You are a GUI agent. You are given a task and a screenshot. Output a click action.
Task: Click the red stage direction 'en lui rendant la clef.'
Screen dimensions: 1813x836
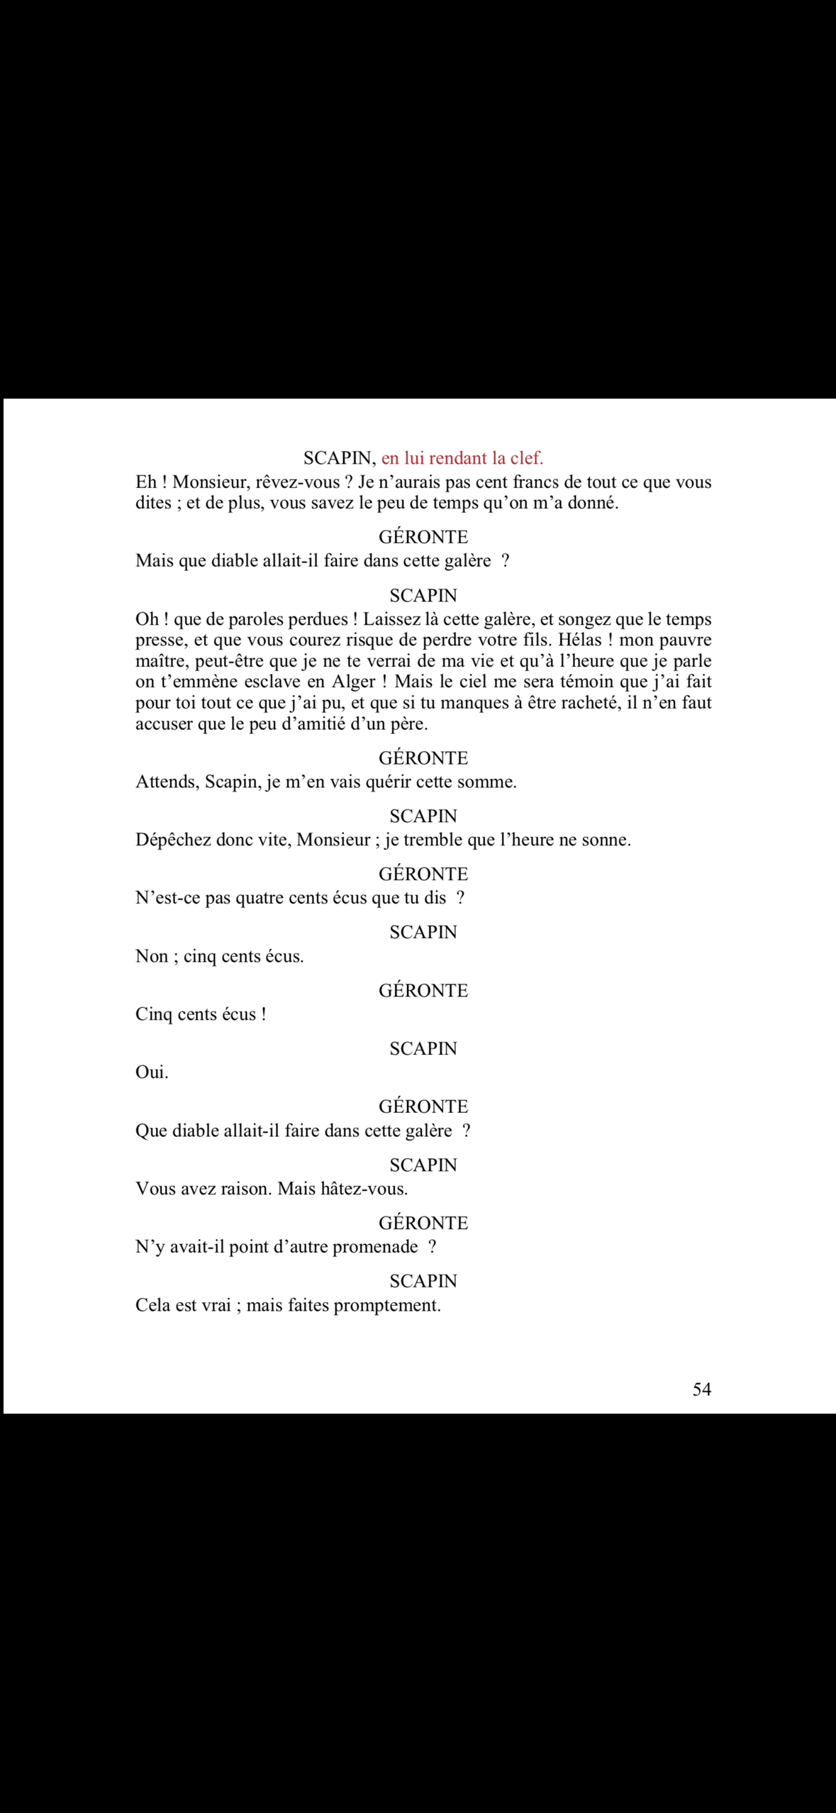click(462, 458)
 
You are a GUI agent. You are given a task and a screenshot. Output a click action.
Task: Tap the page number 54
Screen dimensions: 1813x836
click(701, 1390)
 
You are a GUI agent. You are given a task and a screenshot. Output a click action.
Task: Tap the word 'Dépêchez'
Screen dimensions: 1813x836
click(172, 841)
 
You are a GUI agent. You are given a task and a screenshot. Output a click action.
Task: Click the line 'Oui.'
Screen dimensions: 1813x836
click(152, 1072)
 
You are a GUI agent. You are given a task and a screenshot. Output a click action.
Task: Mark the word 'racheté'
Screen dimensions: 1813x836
click(584, 703)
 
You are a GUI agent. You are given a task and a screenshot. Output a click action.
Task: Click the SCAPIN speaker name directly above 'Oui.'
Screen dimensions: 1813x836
click(423, 1048)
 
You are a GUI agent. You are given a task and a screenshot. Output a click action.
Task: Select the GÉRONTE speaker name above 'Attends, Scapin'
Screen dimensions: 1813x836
click(423, 758)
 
